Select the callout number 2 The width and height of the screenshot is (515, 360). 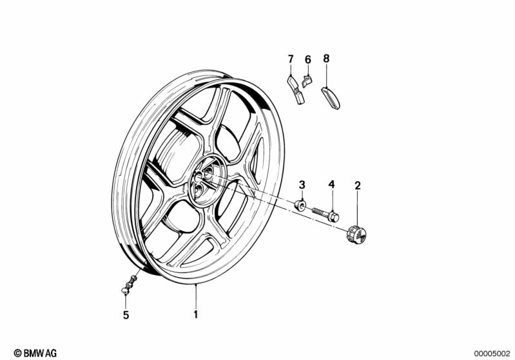(x=358, y=186)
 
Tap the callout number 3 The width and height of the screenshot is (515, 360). (x=302, y=185)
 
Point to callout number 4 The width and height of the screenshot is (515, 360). (x=331, y=185)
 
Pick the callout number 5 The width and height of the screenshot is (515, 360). (x=126, y=315)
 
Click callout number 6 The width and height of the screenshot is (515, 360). (x=307, y=59)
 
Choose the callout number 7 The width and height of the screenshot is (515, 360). (x=290, y=59)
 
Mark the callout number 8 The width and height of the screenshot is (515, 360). (x=326, y=58)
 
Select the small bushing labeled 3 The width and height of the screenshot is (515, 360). (x=300, y=206)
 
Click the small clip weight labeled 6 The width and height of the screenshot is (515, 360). (x=307, y=81)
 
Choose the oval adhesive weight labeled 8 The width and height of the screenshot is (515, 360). (x=334, y=98)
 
